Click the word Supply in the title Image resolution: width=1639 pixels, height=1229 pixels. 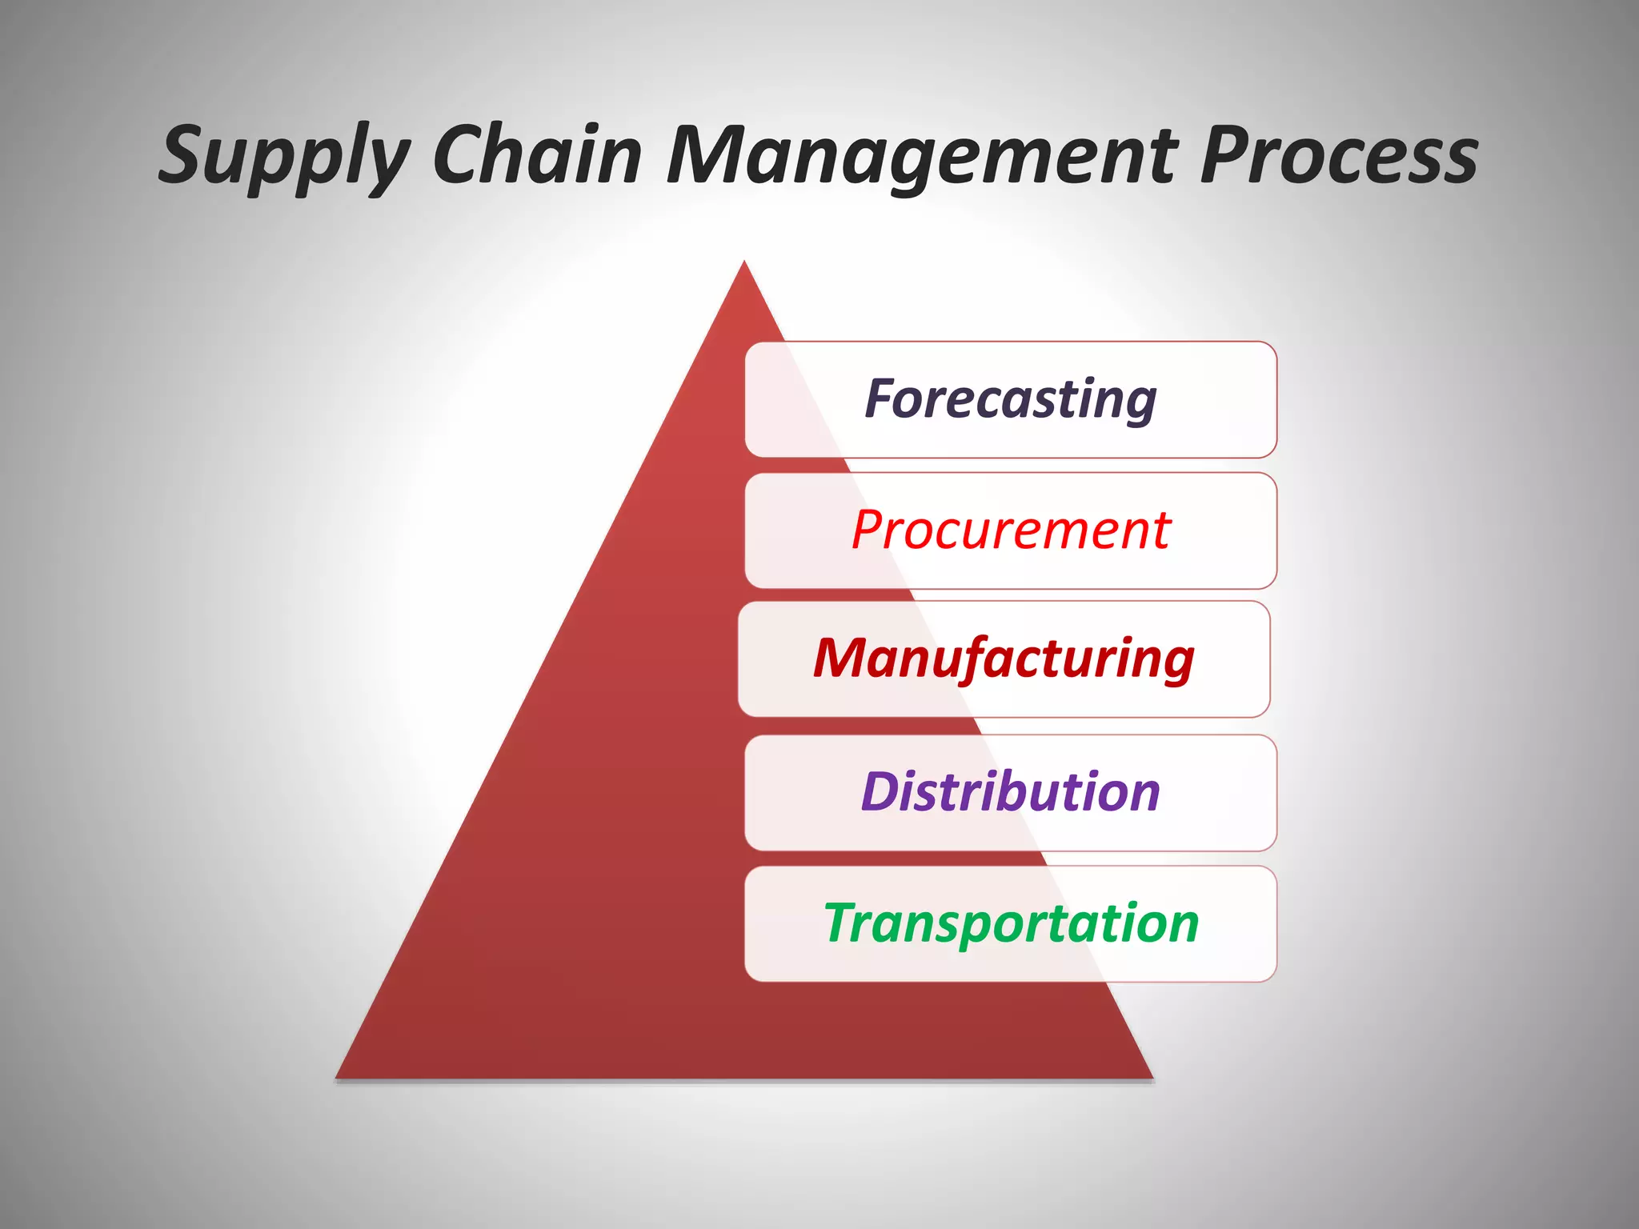pyautogui.click(x=284, y=156)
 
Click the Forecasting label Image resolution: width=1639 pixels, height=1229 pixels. pyautogui.click(x=1010, y=399)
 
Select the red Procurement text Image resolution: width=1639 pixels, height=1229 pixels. pyautogui.click(x=1010, y=530)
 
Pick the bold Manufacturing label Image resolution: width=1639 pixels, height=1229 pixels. pyautogui.click(x=1004, y=659)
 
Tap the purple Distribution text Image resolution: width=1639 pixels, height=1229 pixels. pyautogui.click(x=1010, y=792)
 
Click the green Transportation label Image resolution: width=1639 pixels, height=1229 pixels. pyautogui.click(x=1010, y=923)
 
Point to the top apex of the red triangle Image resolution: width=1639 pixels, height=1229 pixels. pyautogui.click(x=744, y=263)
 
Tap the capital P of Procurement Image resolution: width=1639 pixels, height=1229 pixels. pyautogui.click(x=869, y=530)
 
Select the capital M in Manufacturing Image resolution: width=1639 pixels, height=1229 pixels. pyautogui.click(x=840, y=658)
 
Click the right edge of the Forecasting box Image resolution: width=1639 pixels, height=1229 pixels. pyautogui.click(x=1276, y=399)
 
